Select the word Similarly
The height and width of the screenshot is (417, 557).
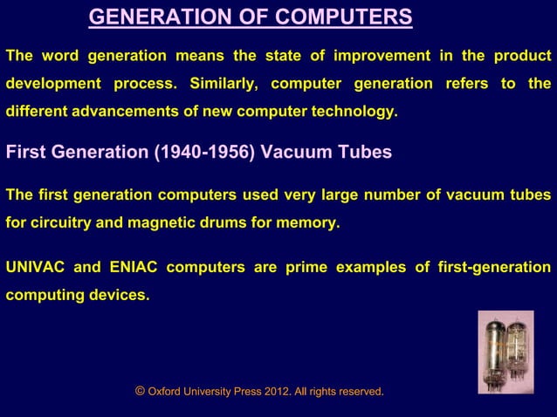218,85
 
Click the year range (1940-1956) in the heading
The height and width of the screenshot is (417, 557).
204,153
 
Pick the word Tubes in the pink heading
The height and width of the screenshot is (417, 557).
366,153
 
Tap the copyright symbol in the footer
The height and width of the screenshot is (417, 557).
140,392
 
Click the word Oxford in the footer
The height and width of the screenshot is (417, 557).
167,393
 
